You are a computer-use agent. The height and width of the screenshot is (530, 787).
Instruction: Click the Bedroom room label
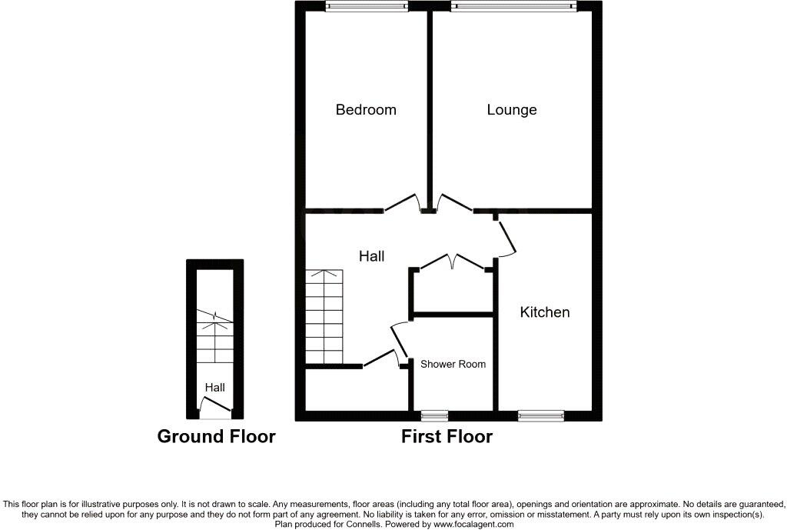point(366,110)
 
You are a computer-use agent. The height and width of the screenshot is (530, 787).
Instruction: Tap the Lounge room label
point(512,110)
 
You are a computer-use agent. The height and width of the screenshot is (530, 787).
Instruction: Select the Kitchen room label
point(545,312)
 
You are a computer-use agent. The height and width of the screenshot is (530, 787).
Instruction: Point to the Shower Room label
point(452,364)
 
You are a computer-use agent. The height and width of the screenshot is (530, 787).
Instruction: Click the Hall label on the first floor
point(372,256)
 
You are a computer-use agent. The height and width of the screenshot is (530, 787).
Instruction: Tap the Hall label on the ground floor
point(214,388)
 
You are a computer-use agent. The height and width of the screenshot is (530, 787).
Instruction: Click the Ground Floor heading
point(216,437)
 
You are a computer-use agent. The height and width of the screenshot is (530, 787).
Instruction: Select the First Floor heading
point(447,437)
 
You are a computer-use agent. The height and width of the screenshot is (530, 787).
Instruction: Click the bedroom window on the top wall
point(366,6)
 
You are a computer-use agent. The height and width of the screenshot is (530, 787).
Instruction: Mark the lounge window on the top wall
point(513,6)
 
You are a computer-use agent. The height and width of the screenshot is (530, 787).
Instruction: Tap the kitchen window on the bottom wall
point(541,415)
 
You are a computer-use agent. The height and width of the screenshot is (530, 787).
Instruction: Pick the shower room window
point(434,415)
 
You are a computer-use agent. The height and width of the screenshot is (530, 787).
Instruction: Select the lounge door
point(453,202)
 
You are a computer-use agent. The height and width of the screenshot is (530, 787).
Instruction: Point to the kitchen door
point(506,238)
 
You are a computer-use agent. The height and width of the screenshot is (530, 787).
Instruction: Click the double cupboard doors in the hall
point(453,262)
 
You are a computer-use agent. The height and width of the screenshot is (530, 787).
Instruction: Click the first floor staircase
point(324,316)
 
